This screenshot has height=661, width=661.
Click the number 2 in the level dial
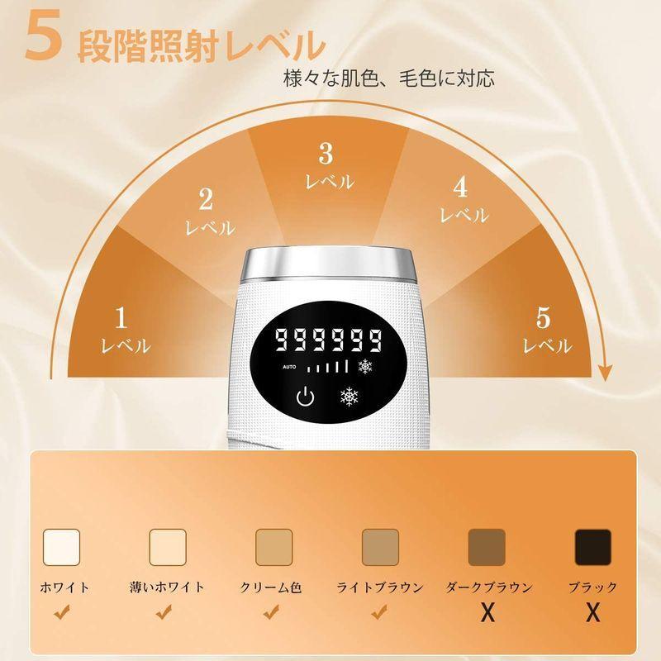207,198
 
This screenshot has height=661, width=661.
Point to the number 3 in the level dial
326,153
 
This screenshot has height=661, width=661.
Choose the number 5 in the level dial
542,316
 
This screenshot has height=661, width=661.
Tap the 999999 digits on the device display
329,339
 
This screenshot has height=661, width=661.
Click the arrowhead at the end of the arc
607,373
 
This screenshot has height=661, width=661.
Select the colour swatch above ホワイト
60,545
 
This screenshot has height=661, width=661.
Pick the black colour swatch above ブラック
592,545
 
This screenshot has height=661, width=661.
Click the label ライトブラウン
380,587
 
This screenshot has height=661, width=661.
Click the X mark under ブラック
592,613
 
